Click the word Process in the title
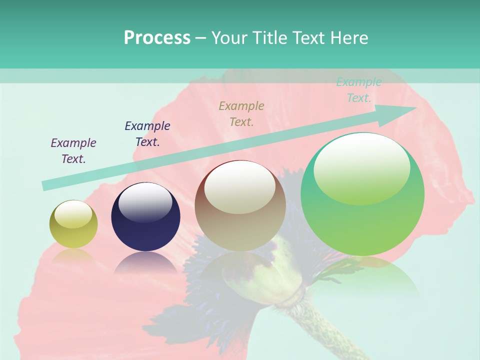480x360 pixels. click(x=157, y=38)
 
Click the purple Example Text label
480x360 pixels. click(x=73, y=151)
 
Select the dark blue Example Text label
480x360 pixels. click(x=147, y=134)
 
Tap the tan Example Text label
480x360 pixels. click(x=241, y=113)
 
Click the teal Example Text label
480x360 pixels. click(x=359, y=90)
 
